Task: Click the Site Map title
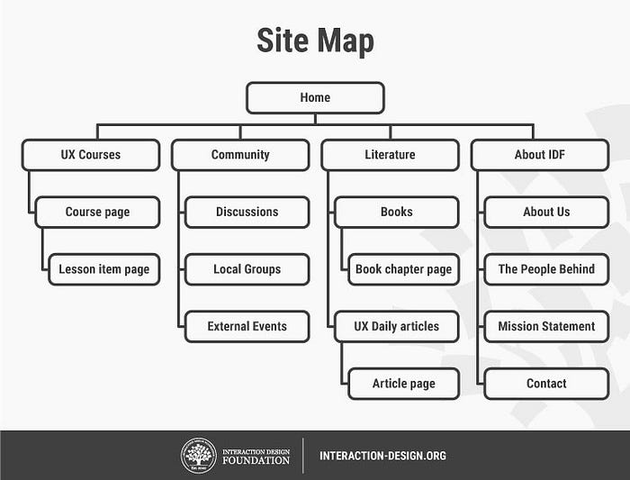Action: [x=315, y=41]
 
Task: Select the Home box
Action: [x=315, y=97]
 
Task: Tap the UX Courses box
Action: [x=91, y=155]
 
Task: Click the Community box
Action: [x=240, y=155]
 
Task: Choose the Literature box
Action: [x=390, y=155]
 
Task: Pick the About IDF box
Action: [x=540, y=155]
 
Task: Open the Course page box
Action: [x=97, y=213]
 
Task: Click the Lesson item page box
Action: [x=104, y=269]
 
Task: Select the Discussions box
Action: [x=247, y=213]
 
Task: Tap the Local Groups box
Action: [x=247, y=269]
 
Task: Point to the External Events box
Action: [x=247, y=326]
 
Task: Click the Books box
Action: [x=396, y=213]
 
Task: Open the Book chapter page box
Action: [x=403, y=269]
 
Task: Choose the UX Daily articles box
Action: [x=396, y=326]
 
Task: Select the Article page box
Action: [x=403, y=384]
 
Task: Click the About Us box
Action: [x=546, y=213]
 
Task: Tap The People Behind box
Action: [x=546, y=269]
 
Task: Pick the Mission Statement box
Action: [x=546, y=326]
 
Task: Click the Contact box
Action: [x=546, y=384]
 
